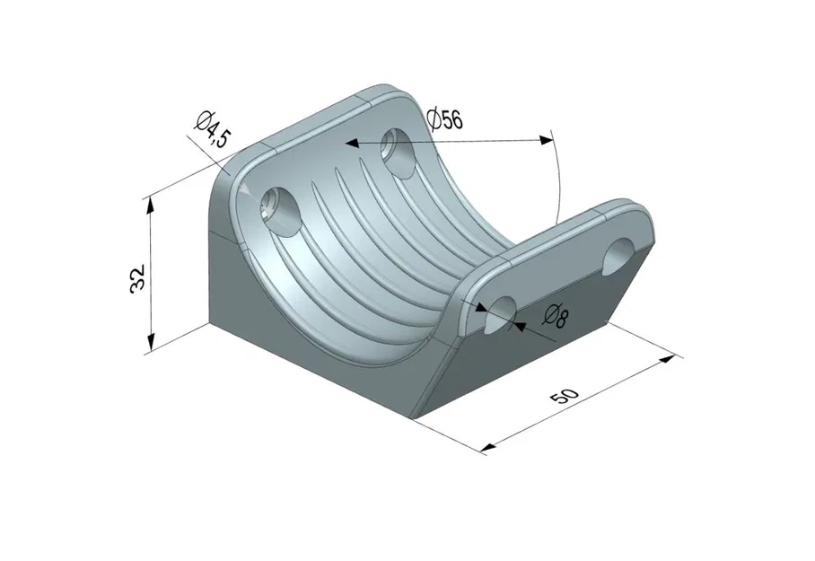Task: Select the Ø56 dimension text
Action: pyautogui.click(x=446, y=119)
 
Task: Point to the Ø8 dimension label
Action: pyautogui.click(x=556, y=316)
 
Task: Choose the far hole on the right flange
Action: pyautogui.click(x=620, y=252)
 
